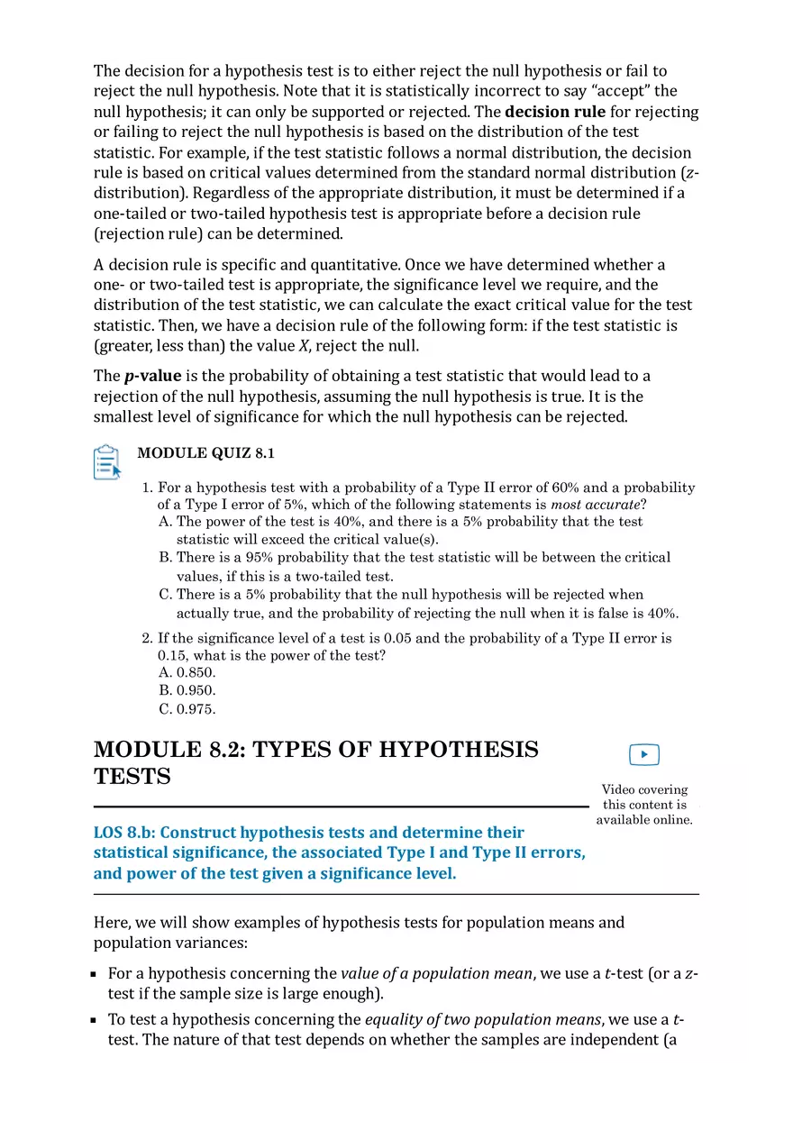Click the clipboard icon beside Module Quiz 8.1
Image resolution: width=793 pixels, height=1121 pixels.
click(x=107, y=461)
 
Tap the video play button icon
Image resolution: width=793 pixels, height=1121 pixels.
click(x=643, y=754)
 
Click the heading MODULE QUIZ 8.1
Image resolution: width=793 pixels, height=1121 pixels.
click(x=205, y=453)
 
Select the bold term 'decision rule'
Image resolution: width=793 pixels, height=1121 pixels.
click(x=554, y=112)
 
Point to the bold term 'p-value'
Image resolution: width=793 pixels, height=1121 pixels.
click(x=152, y=376)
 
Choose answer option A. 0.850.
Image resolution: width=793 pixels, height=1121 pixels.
click(x=187, y=672)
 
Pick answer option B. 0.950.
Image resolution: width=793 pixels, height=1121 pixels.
click(x=187, y=690)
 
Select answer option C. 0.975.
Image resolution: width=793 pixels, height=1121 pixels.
click(x=187, y=708)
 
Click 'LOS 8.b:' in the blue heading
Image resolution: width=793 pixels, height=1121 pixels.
click(x=124, y=832)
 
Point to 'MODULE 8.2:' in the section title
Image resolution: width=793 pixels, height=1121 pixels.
click(x=169, y=750)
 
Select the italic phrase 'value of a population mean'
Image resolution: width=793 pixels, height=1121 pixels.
click(x=436, y=973)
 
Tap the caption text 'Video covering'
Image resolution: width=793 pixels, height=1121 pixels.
click(x=644, y=789)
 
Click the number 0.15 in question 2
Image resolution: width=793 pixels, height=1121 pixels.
click(x=173, y=655)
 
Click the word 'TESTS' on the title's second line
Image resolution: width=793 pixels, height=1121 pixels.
click(x=132, y=777)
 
